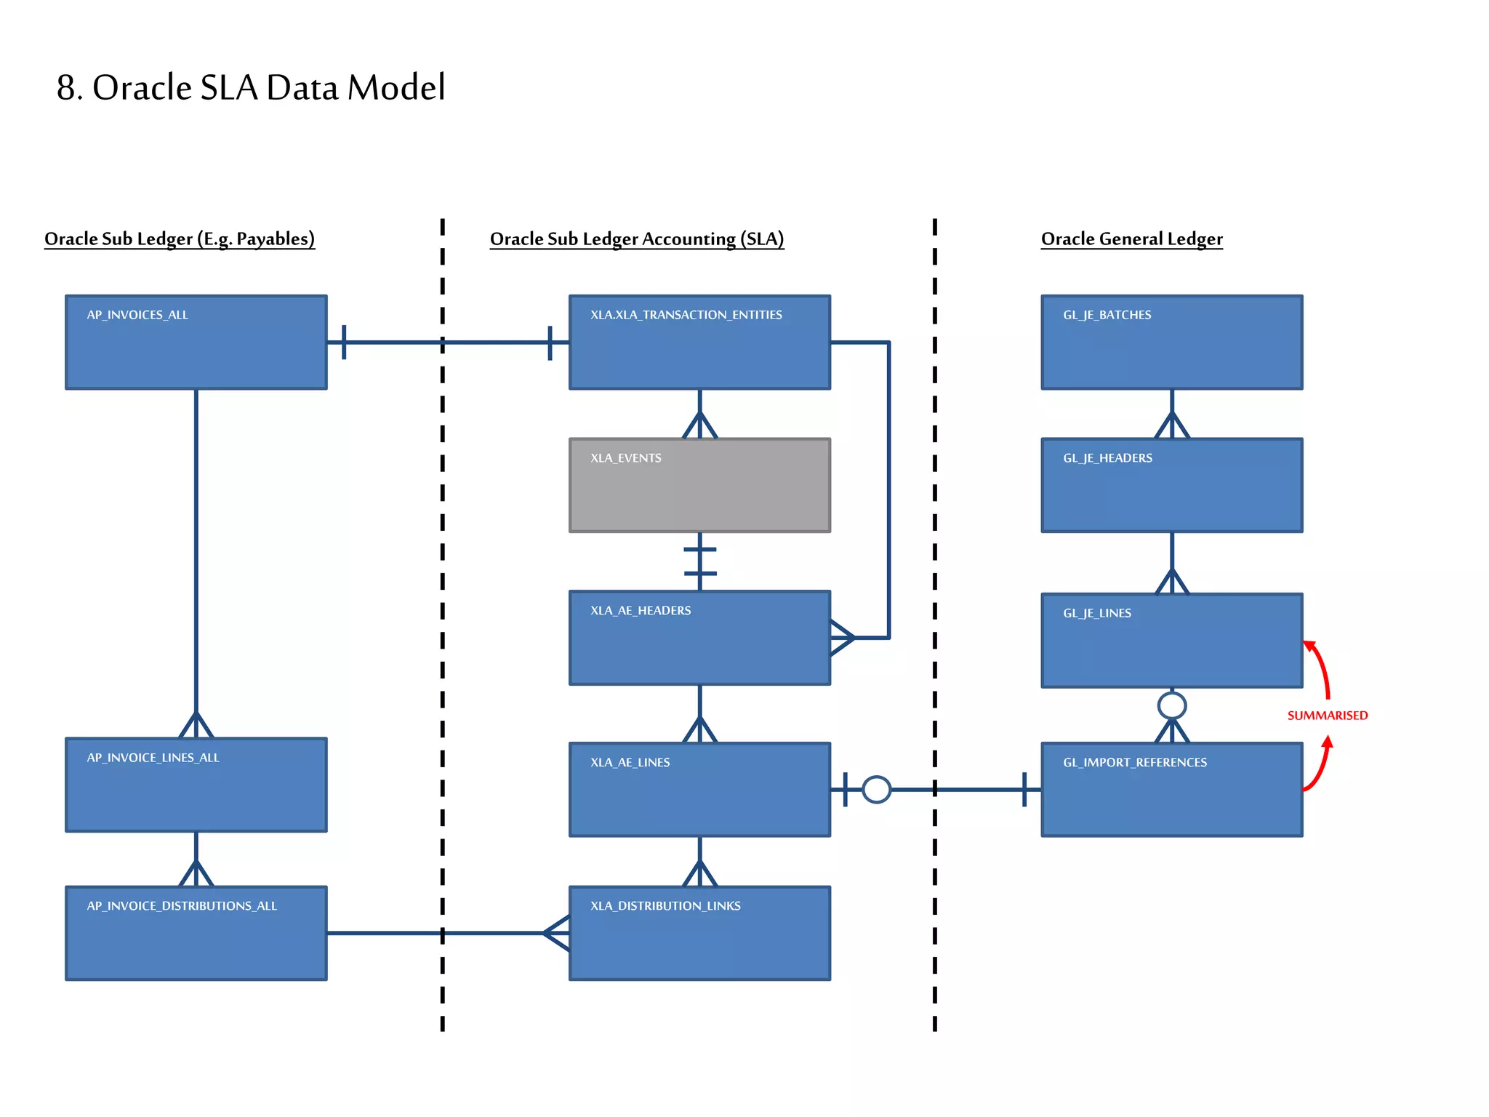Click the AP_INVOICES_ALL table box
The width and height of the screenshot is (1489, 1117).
coord(196,342)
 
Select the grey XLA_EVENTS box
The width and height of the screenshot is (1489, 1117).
coord(699,485)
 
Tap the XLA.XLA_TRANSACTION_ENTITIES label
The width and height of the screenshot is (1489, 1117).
coord(686,315)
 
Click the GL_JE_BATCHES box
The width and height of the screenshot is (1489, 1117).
coord(1171,342)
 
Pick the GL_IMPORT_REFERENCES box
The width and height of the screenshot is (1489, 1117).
coord(1171,789)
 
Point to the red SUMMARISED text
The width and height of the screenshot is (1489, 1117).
coord(1327,716)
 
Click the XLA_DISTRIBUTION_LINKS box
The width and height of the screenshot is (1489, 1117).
coord(699,933)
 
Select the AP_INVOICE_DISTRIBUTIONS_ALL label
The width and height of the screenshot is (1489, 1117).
coord(182,906)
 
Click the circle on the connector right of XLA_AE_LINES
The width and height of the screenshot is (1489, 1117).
coord(876,789)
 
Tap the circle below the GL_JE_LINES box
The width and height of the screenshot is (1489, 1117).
coord(1171,705)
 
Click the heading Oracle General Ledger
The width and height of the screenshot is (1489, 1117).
coord(1131,239)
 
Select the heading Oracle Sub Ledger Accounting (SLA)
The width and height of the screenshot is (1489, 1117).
coord(636,239)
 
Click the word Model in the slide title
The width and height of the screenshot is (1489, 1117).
coord(396,87)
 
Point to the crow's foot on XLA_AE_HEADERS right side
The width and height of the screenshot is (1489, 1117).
coord(842,638)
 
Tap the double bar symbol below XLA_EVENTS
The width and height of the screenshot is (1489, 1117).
coord(699,561)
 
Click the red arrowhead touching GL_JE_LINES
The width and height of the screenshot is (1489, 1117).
coord(1310,646)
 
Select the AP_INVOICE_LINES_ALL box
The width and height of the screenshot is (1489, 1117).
coord(196,785)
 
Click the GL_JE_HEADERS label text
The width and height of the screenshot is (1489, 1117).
coord(1107,458)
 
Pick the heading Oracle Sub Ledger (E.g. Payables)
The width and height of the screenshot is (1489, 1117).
coord(180,239)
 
